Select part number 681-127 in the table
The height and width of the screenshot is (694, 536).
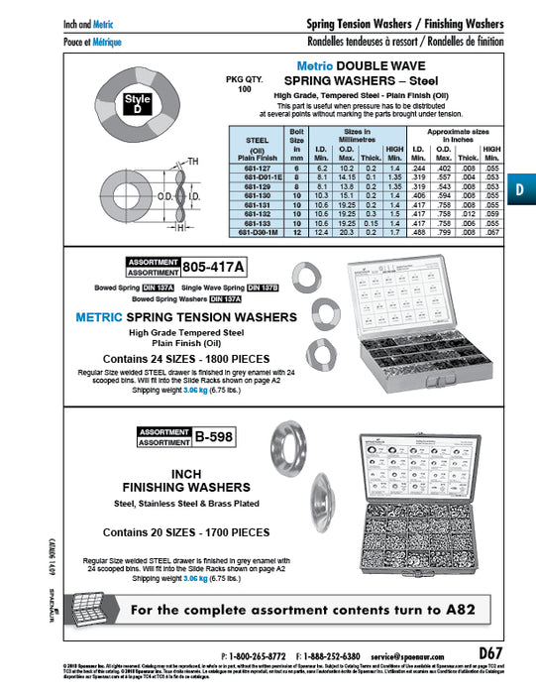[250, 169]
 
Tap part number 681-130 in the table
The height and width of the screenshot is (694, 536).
[250, 195]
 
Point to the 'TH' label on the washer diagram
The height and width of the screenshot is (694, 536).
[193, 162]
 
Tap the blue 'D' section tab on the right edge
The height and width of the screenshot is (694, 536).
[521, 188]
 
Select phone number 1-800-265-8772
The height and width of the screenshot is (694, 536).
[255, 656]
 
